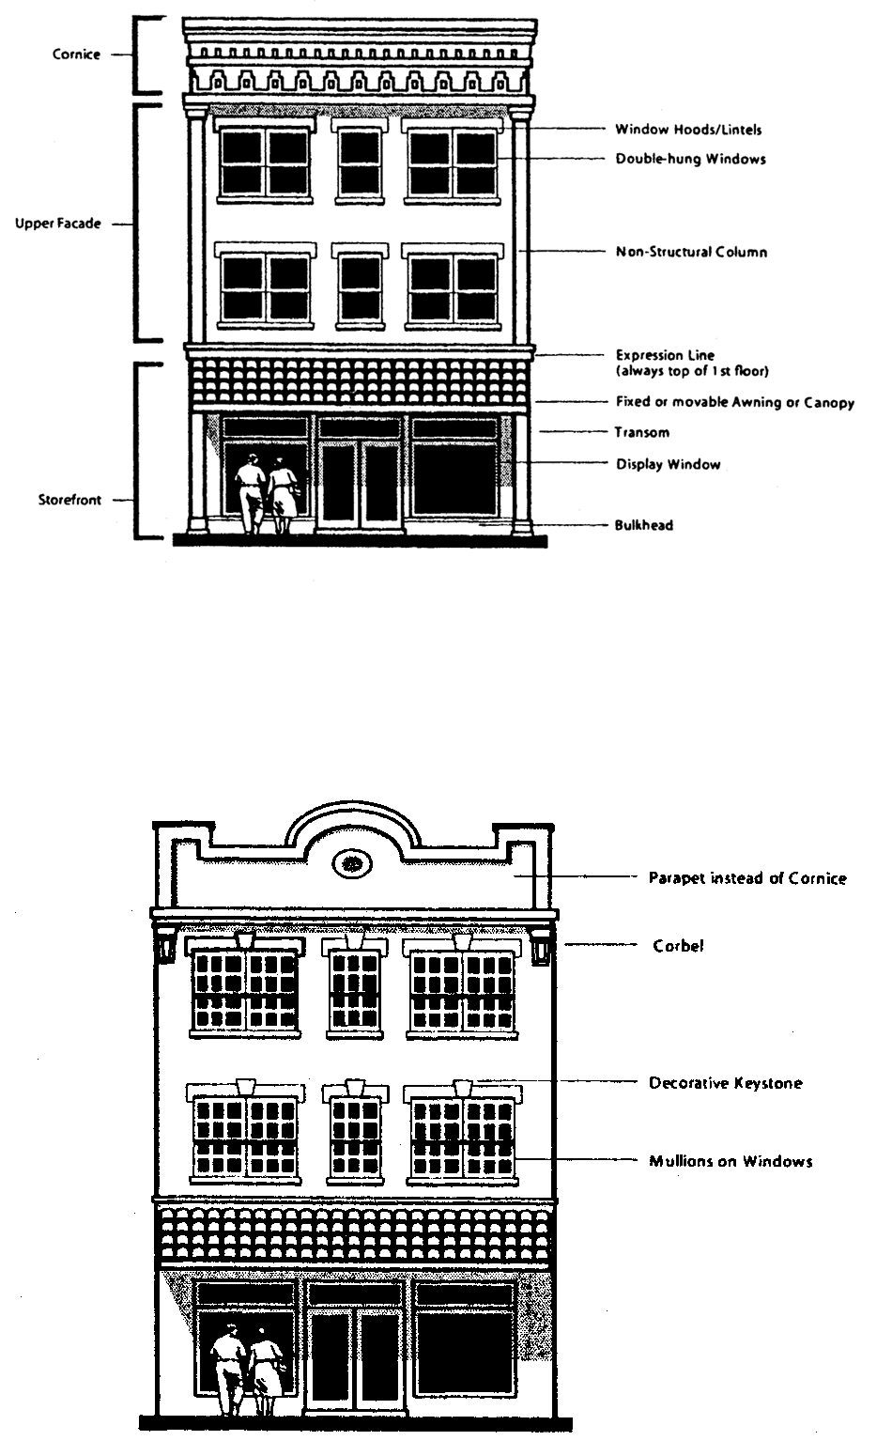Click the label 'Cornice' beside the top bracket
coord(75,54)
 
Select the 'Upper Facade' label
coord(57,225)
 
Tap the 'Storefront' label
coord(69,501)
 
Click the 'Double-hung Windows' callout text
coord(690,160)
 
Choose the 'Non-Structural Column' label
coord(691,252)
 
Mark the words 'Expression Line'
coord(665,355)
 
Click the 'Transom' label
coord(641,433)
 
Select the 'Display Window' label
coord(668,464)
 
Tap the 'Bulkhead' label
coord(644,526)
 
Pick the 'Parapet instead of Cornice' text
coord(747,878)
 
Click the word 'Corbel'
coord(678,946)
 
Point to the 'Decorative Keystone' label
coord(726,1083)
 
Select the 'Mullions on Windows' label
coord(731,1161)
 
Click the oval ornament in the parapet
coord(352,861)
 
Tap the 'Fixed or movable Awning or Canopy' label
coord(734,403)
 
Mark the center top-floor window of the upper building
coord(360,163)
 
